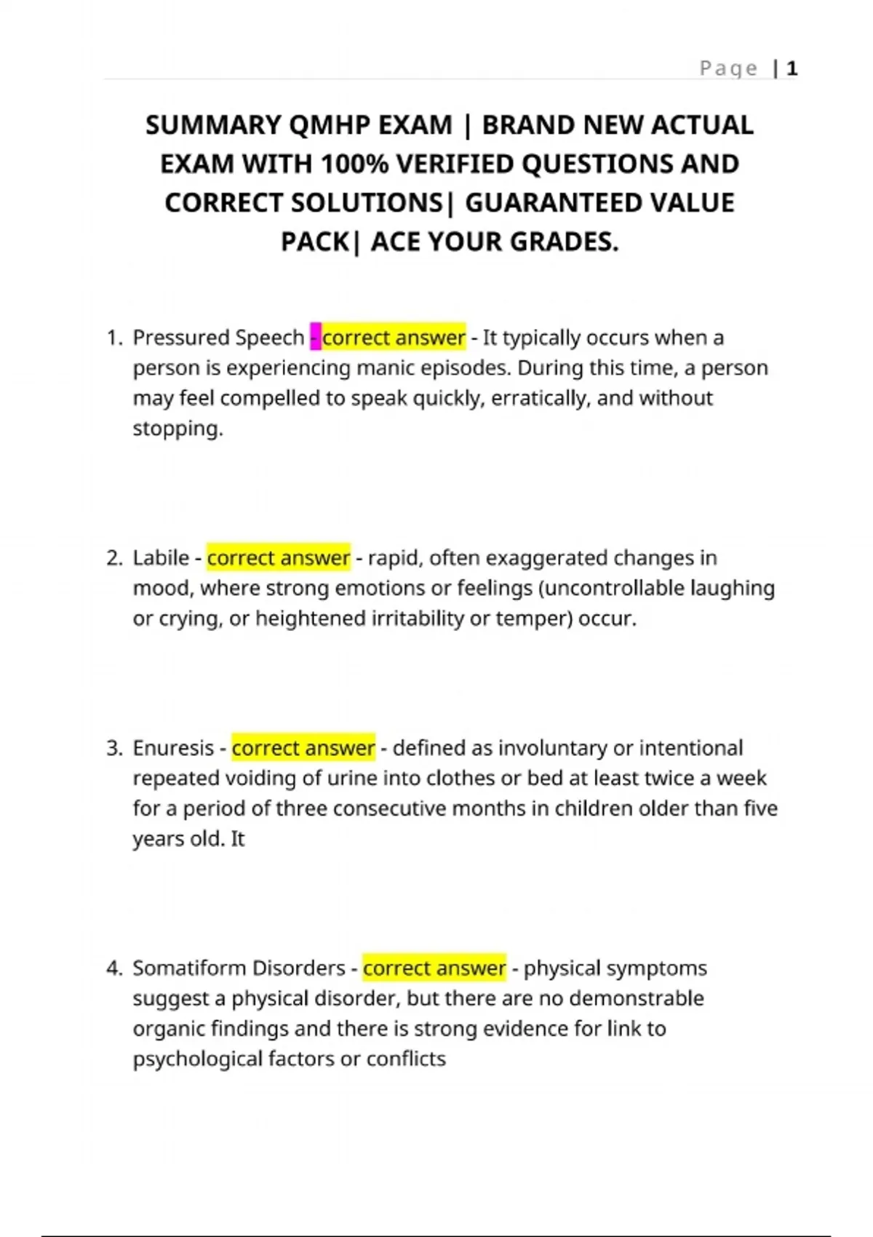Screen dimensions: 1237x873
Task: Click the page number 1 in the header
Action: tap(792, 68)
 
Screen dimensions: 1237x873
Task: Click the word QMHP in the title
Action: tap(330, 125)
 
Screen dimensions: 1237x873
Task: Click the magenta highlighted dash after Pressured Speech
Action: tap(316, 338)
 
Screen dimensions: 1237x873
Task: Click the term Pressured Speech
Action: tap(218, 338)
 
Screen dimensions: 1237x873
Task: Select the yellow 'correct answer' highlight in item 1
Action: tap(394, 338)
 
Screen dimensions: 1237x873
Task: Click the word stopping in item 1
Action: tap(177, 429)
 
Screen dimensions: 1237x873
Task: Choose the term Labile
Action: tap(161, 558)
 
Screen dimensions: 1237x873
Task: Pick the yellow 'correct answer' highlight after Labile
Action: tap(279, 558)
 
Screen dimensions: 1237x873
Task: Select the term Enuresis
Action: tap(173, 748)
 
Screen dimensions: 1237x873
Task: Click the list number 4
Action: tap(113, 968)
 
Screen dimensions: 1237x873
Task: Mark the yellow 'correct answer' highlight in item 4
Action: tap(434, 968)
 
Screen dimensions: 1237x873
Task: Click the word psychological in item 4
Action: tap(197, 1059)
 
